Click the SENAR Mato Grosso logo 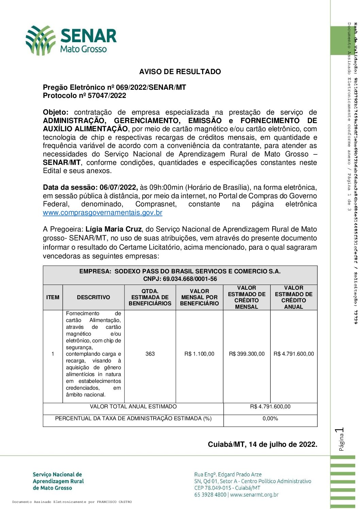click(71, 40)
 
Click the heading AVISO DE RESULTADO click(180, 72)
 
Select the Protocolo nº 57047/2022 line click(84, 96)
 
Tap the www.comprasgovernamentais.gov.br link click(102, 213)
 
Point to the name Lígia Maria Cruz click(113, 229)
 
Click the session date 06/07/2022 click(118, 187)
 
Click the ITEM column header click(53, 297)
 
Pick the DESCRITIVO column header click(93, 297)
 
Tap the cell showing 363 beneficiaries click(150, 354)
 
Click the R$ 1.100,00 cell click(199, 354)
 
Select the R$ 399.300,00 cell click(247, 354)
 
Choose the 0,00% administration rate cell click(270, 419)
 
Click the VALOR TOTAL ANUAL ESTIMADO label click(133, 407)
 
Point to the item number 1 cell click(53, 354)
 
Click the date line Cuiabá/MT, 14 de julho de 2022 click(262, 444)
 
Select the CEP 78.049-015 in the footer click(213, 488)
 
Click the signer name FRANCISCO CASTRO click(114, 502)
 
